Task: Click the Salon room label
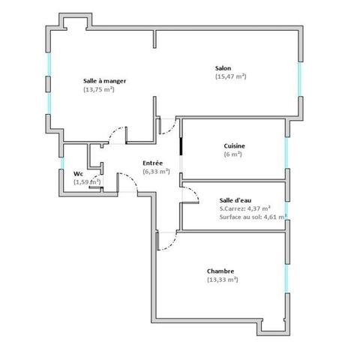point(222,68)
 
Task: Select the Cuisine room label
point(235,145)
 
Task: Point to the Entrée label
point(154,163)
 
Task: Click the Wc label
point(78,174)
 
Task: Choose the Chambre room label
point(221,271)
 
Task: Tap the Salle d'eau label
point(235,200)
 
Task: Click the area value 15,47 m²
point(231,76)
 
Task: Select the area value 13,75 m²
point(98,89)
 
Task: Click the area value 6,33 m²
point(156,171)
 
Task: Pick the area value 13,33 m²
point(222,280)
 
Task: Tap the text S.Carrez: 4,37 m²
point(245,208)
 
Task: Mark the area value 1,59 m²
point(87,181)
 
